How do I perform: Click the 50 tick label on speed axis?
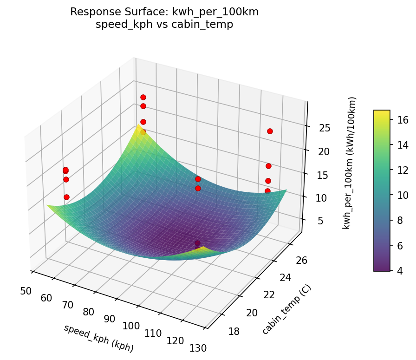26,291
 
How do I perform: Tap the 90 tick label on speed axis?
110,319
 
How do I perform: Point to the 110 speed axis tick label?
153,333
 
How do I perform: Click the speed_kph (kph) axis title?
98,338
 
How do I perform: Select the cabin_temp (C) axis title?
286,309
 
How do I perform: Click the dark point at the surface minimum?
197,243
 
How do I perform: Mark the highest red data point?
143,97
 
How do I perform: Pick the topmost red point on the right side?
270,131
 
